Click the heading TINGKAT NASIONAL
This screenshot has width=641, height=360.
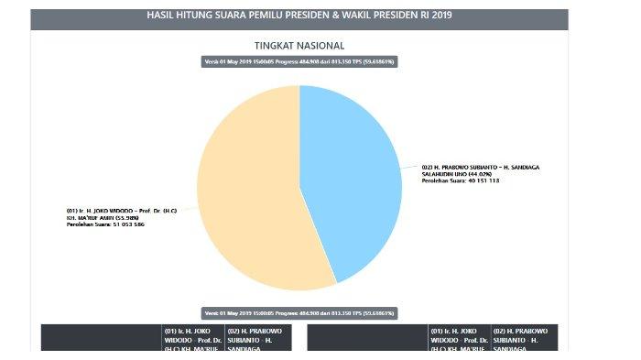point(299,45)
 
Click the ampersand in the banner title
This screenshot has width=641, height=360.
point(325,16)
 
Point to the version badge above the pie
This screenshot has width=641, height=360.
point(299,61)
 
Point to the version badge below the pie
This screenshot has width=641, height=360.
point(299,312)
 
